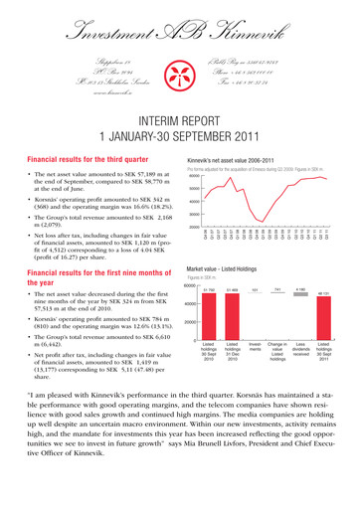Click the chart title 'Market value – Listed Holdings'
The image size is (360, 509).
pos(237,298)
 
